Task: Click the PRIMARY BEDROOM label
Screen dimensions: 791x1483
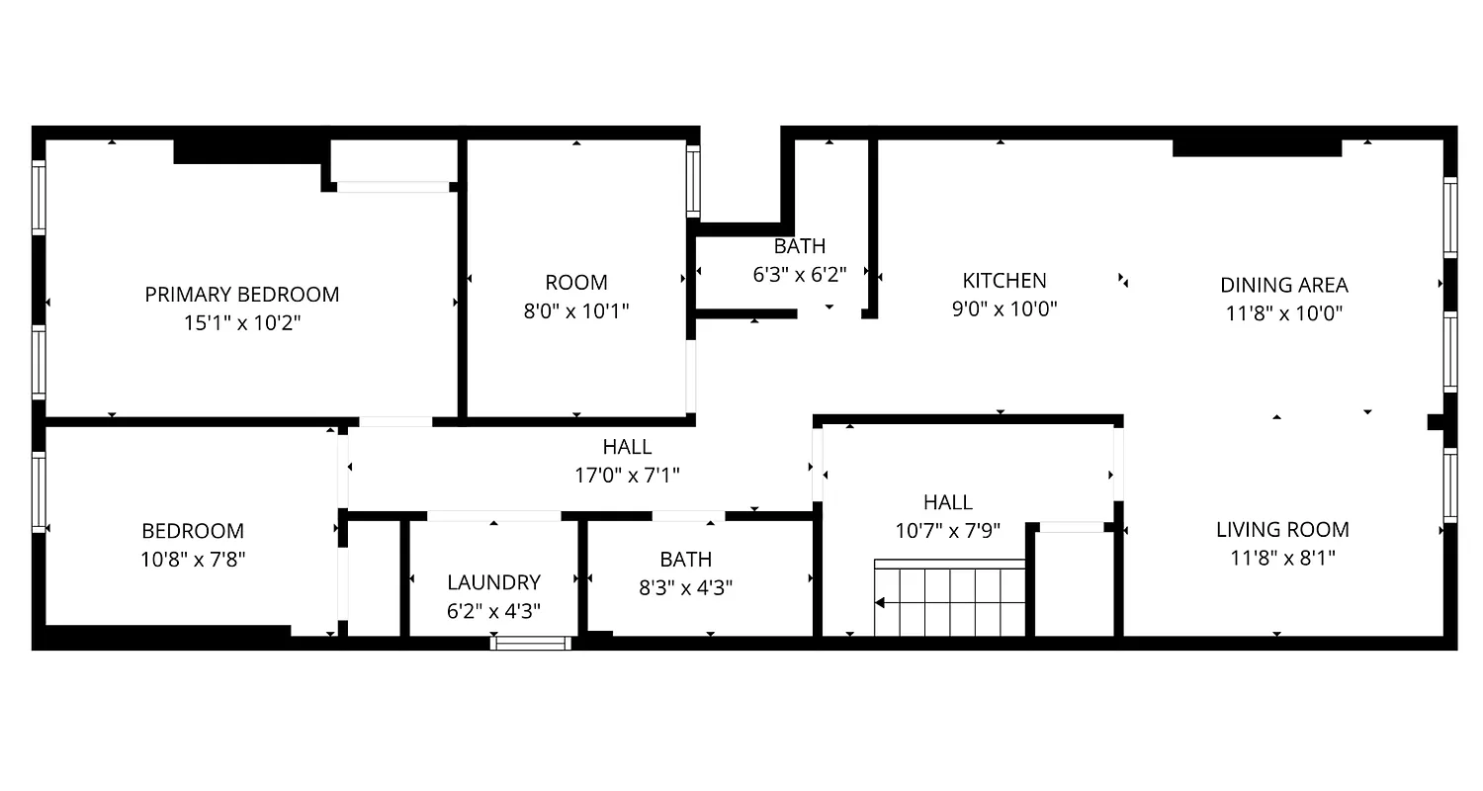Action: coord(242,294)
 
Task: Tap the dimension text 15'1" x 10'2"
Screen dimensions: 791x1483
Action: coord(242,322)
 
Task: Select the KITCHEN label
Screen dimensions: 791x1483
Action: coord(1004,281)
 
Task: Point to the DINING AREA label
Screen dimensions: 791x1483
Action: coord(1283,286)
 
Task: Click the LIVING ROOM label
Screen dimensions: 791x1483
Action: coord(1282,529)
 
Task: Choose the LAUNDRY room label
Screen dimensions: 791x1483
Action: coord(493,582)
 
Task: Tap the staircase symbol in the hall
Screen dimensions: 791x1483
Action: coord(950,598)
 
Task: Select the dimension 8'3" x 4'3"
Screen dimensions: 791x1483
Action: coord(685,587)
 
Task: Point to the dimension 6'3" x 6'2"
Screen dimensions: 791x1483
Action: coord(799,274)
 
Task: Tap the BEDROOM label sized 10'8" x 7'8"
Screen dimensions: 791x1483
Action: coord(193,531)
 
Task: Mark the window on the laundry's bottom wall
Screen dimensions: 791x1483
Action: coord(531,643)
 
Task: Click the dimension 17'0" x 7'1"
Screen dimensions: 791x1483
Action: coord(627,475)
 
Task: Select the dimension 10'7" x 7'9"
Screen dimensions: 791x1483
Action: coord(948,530)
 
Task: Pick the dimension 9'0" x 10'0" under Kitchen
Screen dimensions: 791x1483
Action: coord(1004,308)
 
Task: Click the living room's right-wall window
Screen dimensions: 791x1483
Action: coord(1449,484)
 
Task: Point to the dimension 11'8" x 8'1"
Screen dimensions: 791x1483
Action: coord(1282,558)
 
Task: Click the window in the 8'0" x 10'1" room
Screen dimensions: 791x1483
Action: coord(693,181)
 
